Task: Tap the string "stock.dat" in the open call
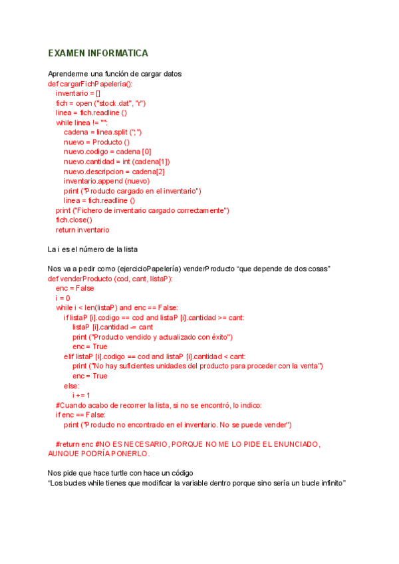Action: tap(114, 103)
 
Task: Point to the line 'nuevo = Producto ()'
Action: tap(97, 142)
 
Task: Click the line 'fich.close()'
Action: tap(74, 219)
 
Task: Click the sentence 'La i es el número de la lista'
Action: tap(93, 249)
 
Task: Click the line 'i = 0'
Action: tap(63, 298)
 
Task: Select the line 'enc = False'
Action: tap(75, 289)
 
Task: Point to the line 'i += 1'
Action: tap(81, 395)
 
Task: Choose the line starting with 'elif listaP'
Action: tap(154, 356)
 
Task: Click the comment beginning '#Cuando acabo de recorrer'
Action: tap(159, 405)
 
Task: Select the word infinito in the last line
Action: tap(331, 483)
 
